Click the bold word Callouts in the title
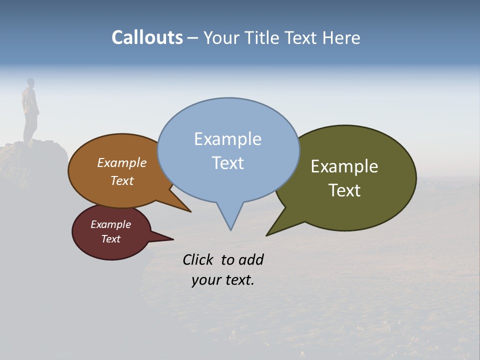click(147, 37)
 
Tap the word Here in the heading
click(341, 38)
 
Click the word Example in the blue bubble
click(227, 139)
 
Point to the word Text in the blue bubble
click(227, 163)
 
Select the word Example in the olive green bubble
click(344, 166)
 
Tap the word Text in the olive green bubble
click(344, 190)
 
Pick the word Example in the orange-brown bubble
click(122, 162)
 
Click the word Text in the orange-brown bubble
click(122, 180)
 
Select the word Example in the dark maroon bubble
click(110, 224)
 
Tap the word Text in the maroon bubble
click(110, 239)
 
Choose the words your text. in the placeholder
click(223, 280)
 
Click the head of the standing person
click(30, 82)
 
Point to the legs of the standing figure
click(29, 127)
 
